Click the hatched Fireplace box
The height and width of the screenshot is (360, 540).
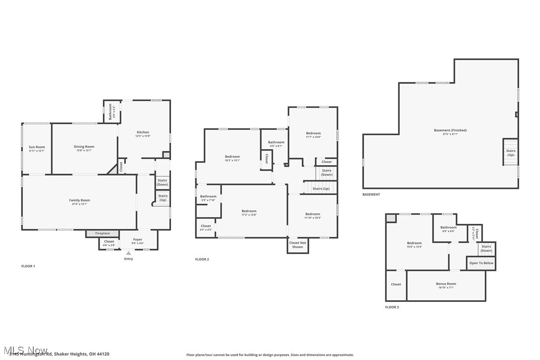(102, 233)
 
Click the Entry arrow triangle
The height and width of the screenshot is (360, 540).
(128, 253)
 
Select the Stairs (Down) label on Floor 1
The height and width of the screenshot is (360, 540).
(163, 182)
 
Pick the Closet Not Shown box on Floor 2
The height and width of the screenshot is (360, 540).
(297, 245)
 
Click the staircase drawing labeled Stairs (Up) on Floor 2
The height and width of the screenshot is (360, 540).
(320, 188)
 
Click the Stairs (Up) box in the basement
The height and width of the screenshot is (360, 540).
(511, 152)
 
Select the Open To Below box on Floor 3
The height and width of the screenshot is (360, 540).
(481, 263)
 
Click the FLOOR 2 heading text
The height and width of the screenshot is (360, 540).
(202, 260)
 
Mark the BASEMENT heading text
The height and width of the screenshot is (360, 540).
(371, 194)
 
